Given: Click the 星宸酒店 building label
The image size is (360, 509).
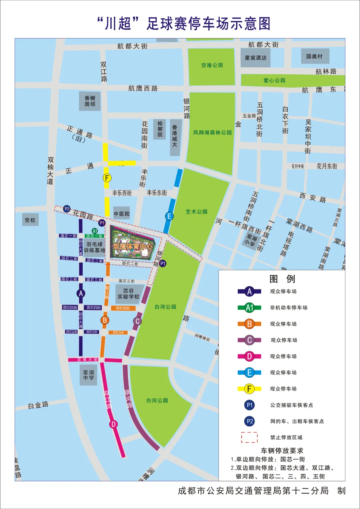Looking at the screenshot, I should [256, 58].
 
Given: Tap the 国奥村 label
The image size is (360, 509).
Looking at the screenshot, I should [314, 56].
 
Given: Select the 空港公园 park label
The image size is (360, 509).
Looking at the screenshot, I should [212, 65].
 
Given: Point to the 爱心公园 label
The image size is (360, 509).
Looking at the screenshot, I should [274, 80].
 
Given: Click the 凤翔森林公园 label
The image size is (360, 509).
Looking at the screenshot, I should [212, 132].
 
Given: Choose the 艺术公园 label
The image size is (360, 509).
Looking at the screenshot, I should [196, 212].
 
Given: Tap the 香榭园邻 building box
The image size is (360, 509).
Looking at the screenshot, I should [90, 101].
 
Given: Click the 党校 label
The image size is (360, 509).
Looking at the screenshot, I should [30, 220].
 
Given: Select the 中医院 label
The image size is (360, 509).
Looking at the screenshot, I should [122, 214].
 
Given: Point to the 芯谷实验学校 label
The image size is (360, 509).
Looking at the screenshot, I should [128, 294].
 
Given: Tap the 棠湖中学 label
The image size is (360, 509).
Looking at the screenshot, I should [88, 375].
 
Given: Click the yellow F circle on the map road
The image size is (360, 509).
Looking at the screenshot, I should [107, 178].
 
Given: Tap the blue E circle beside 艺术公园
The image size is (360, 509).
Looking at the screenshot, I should [169, 216].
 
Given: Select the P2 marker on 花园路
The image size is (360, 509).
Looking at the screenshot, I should [67, 209].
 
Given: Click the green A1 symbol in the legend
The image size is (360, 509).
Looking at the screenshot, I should [249, 308].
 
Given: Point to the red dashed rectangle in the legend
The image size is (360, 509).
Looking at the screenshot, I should [249, 437].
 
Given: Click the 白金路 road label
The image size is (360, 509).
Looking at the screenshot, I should [38, 405].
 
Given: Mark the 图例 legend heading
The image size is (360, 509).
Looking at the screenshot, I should [282, 279].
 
